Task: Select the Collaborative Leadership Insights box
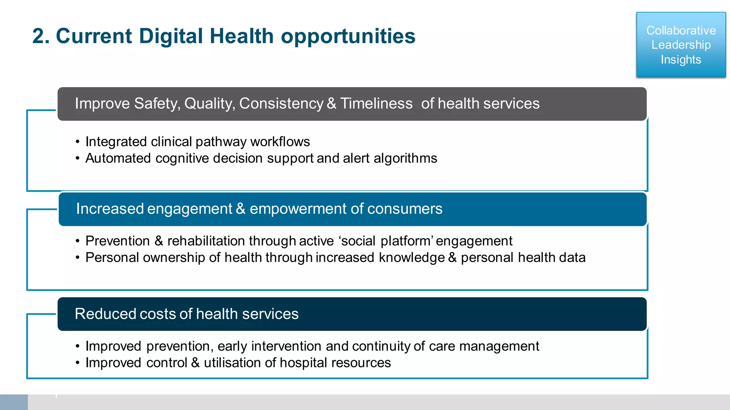[x=681, y=45]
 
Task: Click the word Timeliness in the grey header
[x=376, y=104]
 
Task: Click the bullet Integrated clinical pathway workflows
[x=197, y=142]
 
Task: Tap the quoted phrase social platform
[x=386, y=241]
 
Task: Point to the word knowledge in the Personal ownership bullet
[x=412, y=258]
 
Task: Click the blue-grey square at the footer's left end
[x=14, y=402]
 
